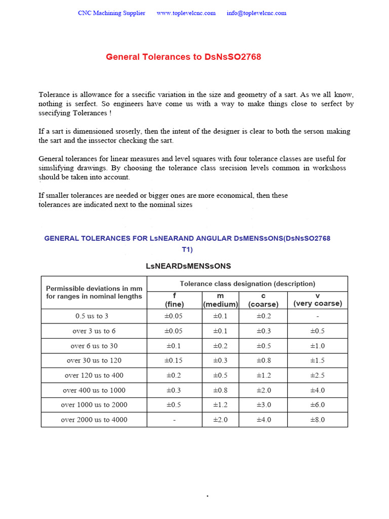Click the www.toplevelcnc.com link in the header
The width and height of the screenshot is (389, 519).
coord(186,13)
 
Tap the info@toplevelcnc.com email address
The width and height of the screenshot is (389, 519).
coord(256,13)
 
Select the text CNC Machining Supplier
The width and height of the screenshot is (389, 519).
coord(111,13)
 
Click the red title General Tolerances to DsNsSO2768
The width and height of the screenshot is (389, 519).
coord(183,57)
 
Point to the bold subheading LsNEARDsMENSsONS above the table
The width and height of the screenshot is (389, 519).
coord(188,266)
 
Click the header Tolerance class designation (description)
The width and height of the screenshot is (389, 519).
coord(247,284)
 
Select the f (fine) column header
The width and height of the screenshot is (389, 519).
coord(174,300)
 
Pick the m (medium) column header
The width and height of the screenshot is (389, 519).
coord(220,300)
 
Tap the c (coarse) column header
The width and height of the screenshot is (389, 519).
coord(263,300)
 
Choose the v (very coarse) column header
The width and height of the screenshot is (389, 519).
coord(318,300)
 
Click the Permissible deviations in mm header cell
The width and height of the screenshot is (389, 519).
coord(94,292)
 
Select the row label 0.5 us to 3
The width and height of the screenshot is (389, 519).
coord(92,316)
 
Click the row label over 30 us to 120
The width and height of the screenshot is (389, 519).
coord(94,361)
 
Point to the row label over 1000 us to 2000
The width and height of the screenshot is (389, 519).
coord(94,405)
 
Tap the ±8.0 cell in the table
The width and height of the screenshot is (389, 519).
coord(318,420)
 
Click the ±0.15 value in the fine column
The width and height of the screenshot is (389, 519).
coord(174,361)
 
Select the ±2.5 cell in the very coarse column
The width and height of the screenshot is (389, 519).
coord(318,376)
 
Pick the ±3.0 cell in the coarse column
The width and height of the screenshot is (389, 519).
coord(263,405)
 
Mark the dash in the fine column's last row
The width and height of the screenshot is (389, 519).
coord(174,420)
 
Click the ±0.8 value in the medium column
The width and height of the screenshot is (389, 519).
coord(220,390)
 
